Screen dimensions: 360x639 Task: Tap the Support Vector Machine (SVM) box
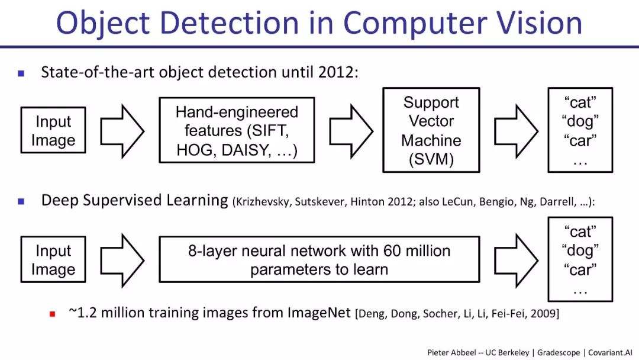(x=431, y=130)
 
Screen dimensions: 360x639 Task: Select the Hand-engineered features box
(x=237, y=131)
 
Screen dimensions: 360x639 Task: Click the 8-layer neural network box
(x=319, y=260)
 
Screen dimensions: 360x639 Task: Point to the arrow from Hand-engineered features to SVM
(x=351, y=131)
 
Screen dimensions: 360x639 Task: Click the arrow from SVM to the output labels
(x=515, y=131)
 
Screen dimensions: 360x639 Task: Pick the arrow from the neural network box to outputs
(x=515, y=259)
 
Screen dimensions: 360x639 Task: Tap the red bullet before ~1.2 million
(x=52, y=314)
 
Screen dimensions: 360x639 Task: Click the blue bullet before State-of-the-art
(x=21, y=73)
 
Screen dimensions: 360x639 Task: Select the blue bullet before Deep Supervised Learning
(x=21, y=201)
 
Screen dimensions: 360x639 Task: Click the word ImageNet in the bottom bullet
(x=320, y=313)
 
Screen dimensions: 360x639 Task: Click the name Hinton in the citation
(x=370, y=202)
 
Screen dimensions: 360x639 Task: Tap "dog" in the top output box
(x=580, y=121)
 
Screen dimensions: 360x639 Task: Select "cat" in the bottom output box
(x=580, y=231)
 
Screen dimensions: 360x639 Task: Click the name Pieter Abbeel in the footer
(x=451, y=352)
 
